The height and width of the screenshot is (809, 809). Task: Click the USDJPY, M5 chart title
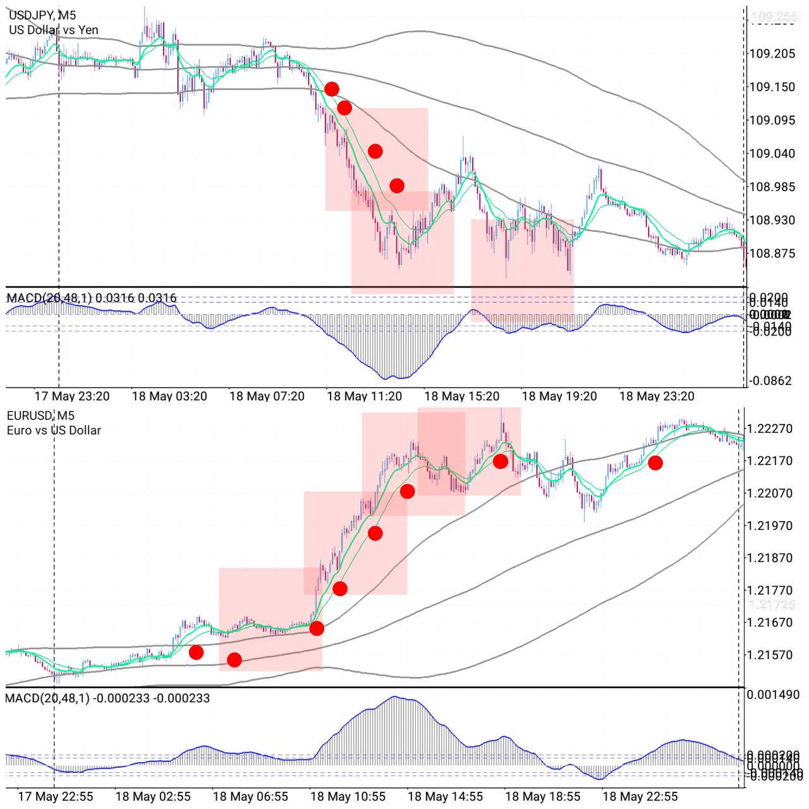coord(42,15)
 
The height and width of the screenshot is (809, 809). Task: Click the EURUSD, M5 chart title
coord(40,415)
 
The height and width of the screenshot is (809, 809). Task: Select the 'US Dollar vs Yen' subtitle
coord(54,30)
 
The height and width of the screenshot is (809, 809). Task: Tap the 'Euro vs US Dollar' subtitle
coord(54,430)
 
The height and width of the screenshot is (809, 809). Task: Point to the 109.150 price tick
coord(772,87)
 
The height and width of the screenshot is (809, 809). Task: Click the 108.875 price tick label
coord(772,253)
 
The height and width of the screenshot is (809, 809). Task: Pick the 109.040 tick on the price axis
coord(772,154)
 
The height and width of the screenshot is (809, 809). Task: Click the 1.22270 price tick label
coord(769,429)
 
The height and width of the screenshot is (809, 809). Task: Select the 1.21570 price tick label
coord(769,655)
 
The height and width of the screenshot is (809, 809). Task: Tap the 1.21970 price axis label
coord(769,526)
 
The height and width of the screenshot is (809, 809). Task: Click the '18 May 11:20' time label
coord(364,396)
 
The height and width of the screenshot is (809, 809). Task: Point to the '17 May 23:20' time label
coord(71,396)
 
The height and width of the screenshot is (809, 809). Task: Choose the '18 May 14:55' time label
coord(445,796)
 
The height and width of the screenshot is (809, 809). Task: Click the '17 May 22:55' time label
coord(56,796)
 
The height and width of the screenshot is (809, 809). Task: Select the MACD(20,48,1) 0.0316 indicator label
coord(92,298)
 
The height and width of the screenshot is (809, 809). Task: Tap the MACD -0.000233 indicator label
coord(107,698)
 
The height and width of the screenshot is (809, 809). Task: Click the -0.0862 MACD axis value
coord(770,380)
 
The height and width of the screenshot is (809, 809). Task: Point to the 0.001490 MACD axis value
coord(773,695)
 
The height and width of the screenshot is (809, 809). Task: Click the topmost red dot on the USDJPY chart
coord(331,89)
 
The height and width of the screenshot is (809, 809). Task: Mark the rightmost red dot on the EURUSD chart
coord(655,463)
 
